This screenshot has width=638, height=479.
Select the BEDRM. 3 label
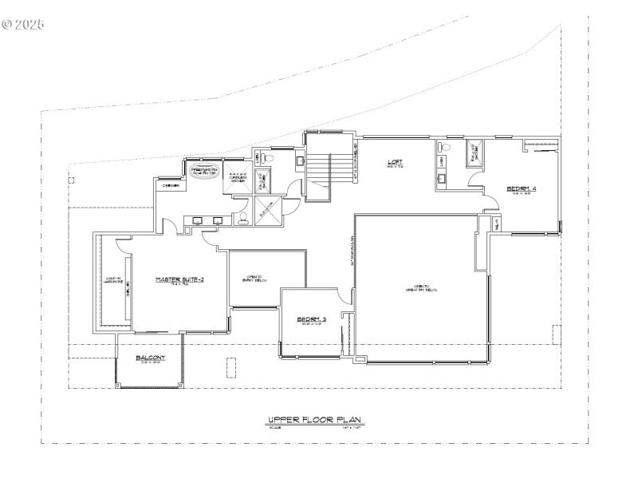point(312,319)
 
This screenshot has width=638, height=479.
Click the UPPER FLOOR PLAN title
point(316,419)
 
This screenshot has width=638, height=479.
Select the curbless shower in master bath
point(238,177)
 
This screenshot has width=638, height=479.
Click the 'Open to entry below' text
point(256,279)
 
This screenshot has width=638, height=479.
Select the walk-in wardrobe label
point(113,280)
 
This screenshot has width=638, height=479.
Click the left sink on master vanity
point(197,220)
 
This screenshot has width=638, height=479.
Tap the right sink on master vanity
point(218,220)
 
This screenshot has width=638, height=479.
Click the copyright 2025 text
point(23,25)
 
